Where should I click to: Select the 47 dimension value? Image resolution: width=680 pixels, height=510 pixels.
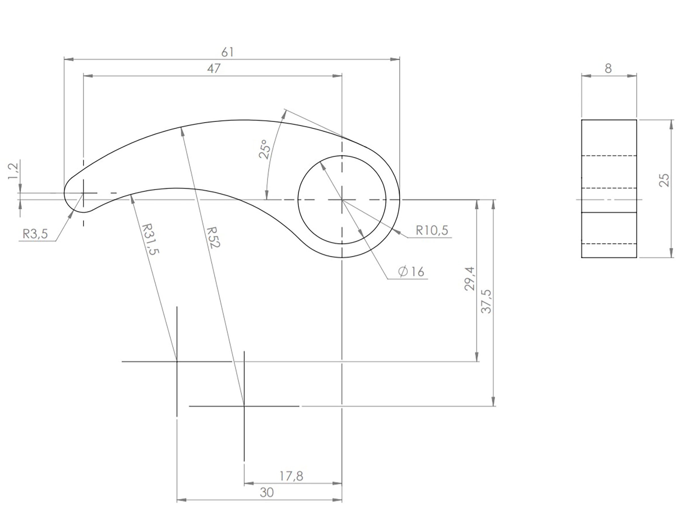pyautogui.click(x=214, y=69)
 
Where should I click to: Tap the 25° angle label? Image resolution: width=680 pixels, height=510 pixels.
pyautogui.click(x=265, y=149)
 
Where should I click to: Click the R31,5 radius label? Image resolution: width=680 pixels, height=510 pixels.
pyautogui.click(x=150, y=239)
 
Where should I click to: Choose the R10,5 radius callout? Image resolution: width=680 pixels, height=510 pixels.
pyautogui.click(x=432, y=230)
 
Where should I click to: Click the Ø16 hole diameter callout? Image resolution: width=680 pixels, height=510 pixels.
pyautogui.click(x=411, y=272)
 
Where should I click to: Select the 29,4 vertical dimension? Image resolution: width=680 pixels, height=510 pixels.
pyautogui.click(x=470, y=279)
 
